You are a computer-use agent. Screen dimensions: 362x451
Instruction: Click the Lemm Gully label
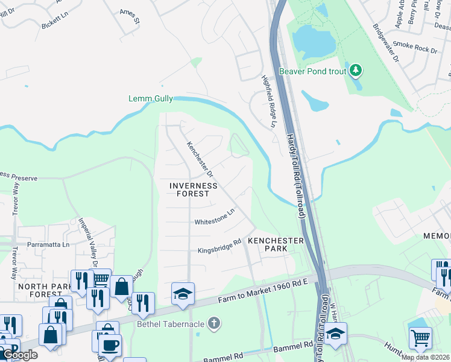(151, 98)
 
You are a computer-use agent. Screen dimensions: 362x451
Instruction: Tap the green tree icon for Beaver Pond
(356, 71)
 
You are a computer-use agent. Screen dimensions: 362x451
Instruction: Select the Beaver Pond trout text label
(312, 71)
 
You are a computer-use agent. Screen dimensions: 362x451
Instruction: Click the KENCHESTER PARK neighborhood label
(276, 244)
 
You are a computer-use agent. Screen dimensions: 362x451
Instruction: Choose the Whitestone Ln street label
(214, 218)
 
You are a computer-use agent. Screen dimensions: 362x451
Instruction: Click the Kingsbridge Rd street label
(219, 246)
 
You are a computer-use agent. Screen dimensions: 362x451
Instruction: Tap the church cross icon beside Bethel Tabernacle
(213, 324)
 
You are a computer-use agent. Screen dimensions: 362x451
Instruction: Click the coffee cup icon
(110, 345)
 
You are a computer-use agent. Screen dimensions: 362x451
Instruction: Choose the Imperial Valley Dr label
(87, 242)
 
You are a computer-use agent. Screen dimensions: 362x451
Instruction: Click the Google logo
(20, 355)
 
